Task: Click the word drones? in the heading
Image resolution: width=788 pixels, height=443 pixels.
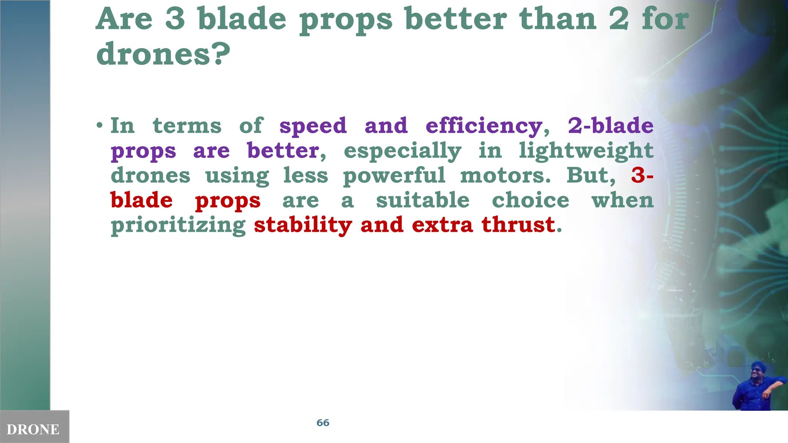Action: coord(163,54)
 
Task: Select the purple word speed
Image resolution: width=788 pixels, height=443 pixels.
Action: coord(313,126)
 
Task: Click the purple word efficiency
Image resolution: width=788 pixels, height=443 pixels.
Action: coord(484,126)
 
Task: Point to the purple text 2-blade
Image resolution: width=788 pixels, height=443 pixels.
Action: coord(611,125)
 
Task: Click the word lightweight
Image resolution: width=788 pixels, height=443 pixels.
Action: coord(586,151)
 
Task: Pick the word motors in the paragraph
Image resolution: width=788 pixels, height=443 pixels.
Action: coord(505,175)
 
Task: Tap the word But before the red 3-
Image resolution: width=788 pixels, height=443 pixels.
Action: coord(591,175)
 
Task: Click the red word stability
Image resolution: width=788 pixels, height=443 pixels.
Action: coord(303,225)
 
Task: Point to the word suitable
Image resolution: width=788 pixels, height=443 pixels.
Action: coord(422,200)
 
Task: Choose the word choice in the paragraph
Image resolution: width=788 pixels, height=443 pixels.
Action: coord(531,200)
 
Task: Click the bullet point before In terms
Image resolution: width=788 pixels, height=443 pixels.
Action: coord(100,126)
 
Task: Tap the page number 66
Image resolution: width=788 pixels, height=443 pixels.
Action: coord(323,423)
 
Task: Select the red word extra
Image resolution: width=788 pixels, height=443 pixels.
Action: coord(442,225)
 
